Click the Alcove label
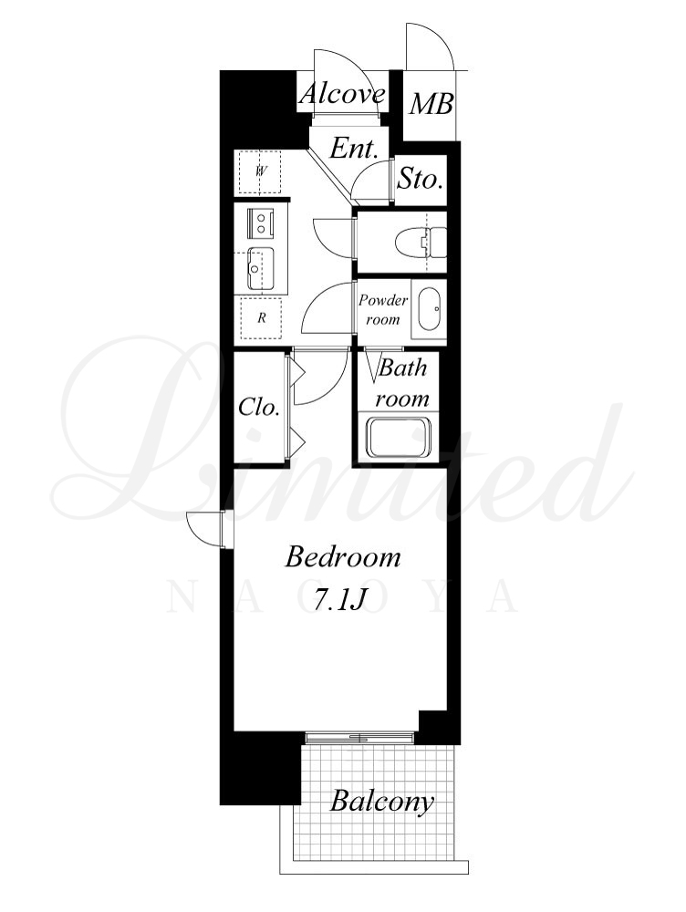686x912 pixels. point(342,94)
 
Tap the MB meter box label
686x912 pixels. point(431,105)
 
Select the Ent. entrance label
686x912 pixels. point(354,149)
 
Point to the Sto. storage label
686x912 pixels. point(421,179)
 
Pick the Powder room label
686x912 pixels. point(383,309)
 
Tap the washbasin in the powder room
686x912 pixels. point(430,309)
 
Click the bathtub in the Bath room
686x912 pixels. point(398,436)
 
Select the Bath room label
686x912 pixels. point(402,383)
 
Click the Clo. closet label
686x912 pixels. point(259,407)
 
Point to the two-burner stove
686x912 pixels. point(261,223)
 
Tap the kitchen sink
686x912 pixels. point(261,268)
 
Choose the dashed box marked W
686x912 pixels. point(258,173)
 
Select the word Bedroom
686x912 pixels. point(343,556)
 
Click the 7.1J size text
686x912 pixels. point(339,599)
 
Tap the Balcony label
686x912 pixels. point(381,802)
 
